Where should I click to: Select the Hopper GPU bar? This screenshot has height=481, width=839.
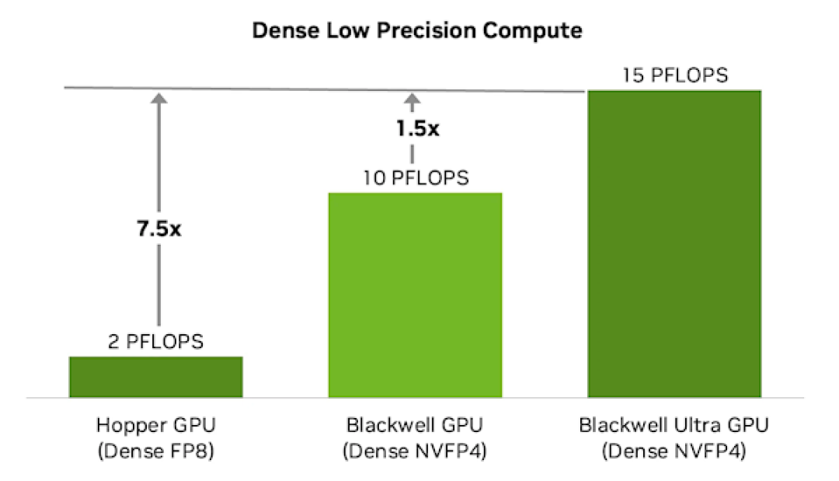coord(156,377)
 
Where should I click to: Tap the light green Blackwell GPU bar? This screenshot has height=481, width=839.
coord(416,295)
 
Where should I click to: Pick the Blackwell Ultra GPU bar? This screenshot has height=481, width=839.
coord(674,243)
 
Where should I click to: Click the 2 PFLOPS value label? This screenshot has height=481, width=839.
coord(156,341)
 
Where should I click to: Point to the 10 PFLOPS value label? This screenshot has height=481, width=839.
coord(416,178)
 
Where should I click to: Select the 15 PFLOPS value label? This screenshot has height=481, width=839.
coord(674,76)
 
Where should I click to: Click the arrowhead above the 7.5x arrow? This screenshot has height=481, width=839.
coord(158,98)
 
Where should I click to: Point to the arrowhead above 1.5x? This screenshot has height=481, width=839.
coord(413,99)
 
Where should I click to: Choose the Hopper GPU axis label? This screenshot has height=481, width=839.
coord(155,426)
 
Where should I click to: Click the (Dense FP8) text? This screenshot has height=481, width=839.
coord(155,451)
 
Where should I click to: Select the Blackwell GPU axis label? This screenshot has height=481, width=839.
coord(416,426)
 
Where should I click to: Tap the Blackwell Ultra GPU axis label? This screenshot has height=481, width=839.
coord(674,426)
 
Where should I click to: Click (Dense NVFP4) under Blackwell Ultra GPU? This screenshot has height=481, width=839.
coord(674,451)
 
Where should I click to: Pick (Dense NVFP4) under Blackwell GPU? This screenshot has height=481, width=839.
coord(416,451)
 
